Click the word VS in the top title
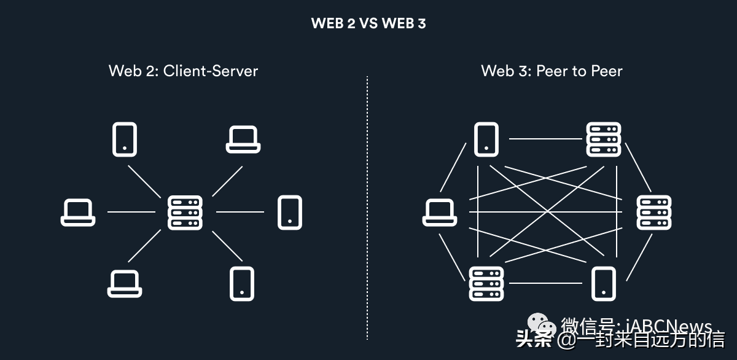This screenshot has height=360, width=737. point(368,24)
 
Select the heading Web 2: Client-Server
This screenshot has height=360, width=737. point(183,71)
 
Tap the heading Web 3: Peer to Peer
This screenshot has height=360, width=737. point(552,71)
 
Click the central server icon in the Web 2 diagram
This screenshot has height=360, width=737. point(185,213)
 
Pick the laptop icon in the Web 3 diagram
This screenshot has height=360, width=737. point(440,213)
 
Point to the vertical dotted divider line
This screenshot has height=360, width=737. point(367,209)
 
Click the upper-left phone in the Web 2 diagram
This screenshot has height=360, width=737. point(125,139)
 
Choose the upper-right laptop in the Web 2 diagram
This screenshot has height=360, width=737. point(243,139)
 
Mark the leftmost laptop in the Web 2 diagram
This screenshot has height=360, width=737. point(78,213)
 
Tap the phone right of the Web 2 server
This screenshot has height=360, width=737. point(290,213)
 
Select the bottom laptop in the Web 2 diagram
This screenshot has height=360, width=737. point(125,284)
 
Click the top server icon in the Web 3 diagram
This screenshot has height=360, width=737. point(603,139)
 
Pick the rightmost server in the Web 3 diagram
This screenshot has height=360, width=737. point(654,213)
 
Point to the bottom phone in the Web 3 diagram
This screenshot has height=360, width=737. point(603,284)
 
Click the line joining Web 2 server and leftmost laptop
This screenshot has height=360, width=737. point(131,213)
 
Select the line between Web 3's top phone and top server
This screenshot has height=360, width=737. point(545,139)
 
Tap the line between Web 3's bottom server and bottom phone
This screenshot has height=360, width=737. point(545,283)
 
